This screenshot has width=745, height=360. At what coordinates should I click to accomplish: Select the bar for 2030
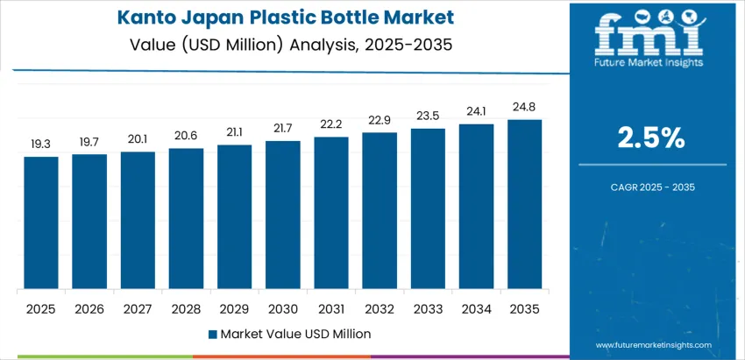282,215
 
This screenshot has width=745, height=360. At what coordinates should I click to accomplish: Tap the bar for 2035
524,204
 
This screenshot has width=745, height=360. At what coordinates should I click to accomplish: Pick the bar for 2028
186,218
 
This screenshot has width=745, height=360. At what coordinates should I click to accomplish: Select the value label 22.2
330,125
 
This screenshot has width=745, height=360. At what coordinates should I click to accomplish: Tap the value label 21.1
234,133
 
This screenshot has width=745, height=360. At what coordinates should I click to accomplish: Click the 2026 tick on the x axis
89,308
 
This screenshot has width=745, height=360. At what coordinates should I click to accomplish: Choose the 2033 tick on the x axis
427,308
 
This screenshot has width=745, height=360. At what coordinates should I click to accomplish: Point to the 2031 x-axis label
330,308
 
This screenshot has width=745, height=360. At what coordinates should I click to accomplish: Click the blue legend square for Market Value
213,334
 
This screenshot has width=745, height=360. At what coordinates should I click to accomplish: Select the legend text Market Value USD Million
295,334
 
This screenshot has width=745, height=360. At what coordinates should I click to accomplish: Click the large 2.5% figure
652,138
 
